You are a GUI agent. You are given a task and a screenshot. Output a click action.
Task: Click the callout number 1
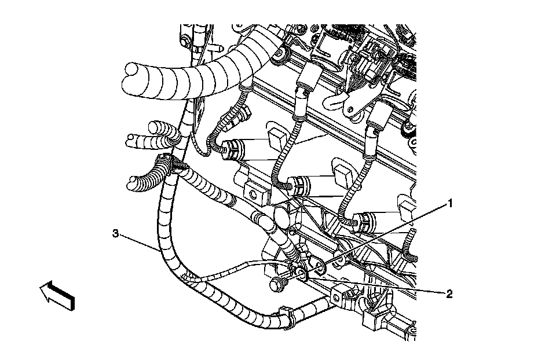pyautogui.click(x=449, y=203)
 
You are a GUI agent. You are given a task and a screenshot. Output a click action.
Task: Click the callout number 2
pyautogui.click(x=449, y=293)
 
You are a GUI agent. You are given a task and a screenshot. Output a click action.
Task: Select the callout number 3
pyautogui.click(x=116, y=233)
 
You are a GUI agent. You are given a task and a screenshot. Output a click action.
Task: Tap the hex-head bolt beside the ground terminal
pyautogui.click(x=277, y=284)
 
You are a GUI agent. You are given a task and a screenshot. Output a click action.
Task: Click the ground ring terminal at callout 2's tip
pyautogui.click(x=301, y=272)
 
